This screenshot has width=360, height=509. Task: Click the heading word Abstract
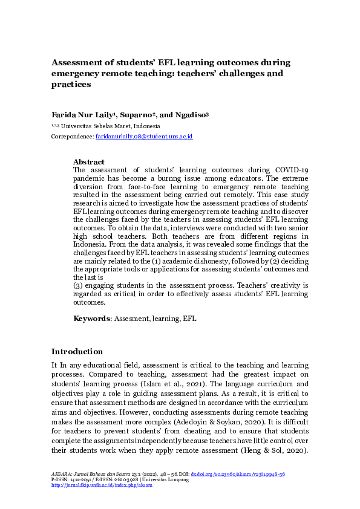coord(88,162)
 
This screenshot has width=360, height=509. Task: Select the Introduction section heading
coord(77,352)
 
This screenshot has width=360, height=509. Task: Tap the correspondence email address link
coord(144,137)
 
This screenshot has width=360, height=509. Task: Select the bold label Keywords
coord(91,318)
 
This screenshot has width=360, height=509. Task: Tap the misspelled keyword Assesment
coord(133,318)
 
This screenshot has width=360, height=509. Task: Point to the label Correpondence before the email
coord(72,137)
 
